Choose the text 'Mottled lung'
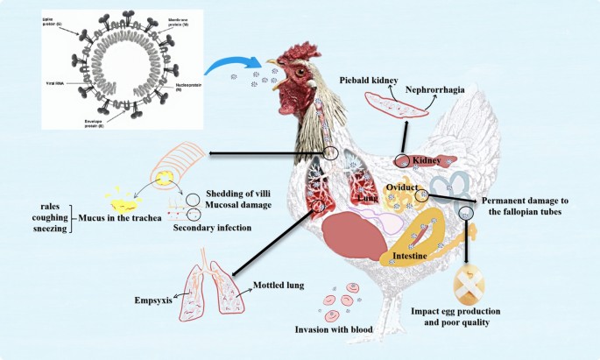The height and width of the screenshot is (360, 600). [280, 286]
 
